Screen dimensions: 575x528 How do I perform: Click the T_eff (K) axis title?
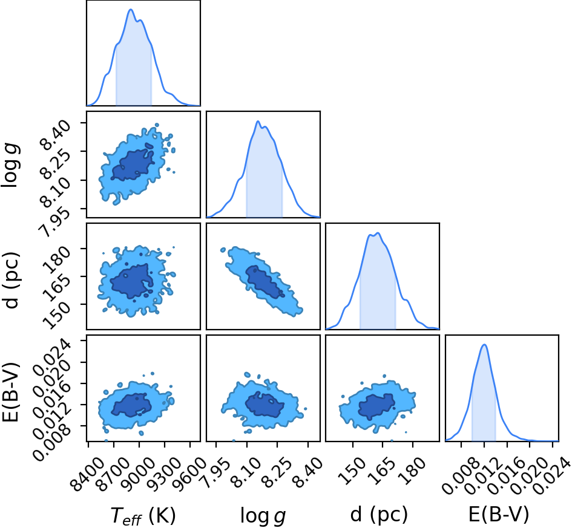pos(143,515)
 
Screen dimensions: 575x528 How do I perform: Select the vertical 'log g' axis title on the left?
pos(10,166)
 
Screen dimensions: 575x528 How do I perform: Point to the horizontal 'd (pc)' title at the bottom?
pos(379,515)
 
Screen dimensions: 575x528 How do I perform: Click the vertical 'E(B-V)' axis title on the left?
pos(10,392)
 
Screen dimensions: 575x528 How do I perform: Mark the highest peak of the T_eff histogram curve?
pos(131,10)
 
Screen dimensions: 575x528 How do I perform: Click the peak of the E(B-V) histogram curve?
pos(484,344)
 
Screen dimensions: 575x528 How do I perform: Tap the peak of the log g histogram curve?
pos(258,122)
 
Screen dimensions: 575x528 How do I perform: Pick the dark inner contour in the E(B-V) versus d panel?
pos(376,407)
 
